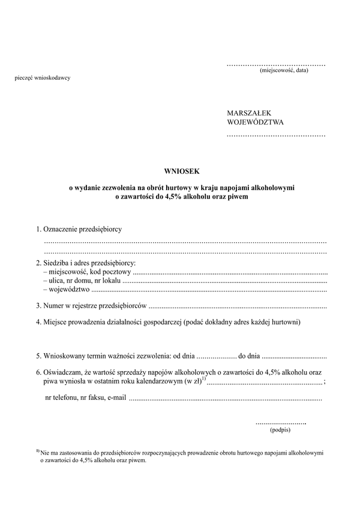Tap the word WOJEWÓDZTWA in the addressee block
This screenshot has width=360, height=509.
[255, 122]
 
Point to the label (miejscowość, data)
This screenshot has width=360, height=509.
[284, 70]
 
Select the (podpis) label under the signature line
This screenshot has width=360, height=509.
[280, 429]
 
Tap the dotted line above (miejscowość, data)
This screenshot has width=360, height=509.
[276, 64]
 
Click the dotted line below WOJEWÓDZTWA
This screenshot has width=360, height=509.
[276, 136]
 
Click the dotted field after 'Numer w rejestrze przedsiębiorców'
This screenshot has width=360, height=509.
[237, 306]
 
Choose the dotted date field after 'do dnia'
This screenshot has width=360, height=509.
[294, 355]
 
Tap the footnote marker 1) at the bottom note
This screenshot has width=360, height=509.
[38, 451]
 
